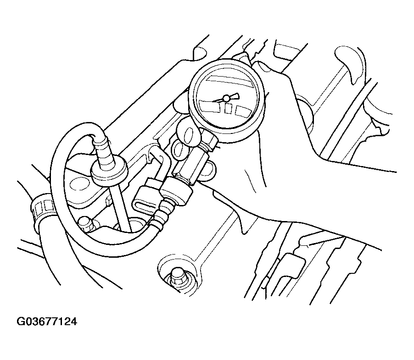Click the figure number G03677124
[47, 322]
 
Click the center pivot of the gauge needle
[226, 99]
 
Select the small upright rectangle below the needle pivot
[227, 108]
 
